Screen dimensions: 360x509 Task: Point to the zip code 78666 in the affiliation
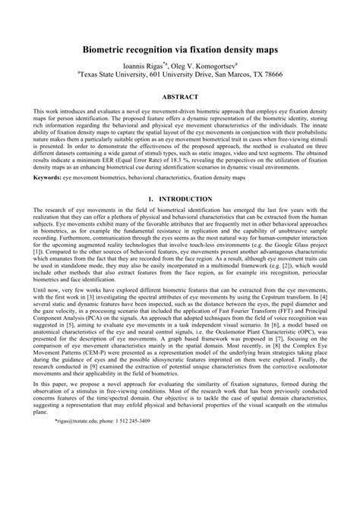coord(267,76)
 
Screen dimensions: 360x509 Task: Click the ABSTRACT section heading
coord(179,97)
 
